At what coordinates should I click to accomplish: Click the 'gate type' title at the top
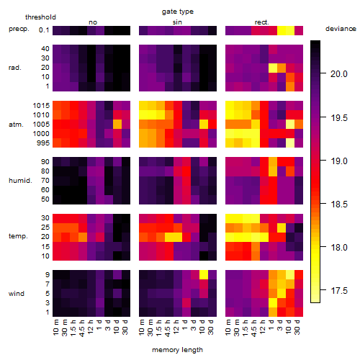(178, 12)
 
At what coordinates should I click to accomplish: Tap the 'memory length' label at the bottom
(177, 350)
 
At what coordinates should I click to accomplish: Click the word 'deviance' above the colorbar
(341, 29)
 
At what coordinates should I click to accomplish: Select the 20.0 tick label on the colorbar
(339, 74)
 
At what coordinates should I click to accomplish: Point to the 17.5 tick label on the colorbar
(339, 291)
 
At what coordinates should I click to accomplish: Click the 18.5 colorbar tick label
(339, 204)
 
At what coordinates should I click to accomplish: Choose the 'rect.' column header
(261, 22)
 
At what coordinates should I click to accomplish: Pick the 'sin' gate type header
(177, 22)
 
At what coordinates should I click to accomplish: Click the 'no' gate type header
(93, 22)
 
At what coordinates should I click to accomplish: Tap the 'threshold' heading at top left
(40, 17)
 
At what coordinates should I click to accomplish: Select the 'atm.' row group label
(16, 125)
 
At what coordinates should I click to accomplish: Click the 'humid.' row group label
(20, 181)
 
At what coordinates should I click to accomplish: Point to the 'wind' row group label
(17, 294)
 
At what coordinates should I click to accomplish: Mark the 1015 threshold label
(41, 106)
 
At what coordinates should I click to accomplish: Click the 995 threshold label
(43, 143)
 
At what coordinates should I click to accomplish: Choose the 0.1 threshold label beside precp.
(44, 30)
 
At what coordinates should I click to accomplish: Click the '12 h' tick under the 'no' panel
(91, 327)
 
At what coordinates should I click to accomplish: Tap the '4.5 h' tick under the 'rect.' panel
(255, 328)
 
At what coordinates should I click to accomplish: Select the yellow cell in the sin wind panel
(204, 274)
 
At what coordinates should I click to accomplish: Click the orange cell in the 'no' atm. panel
(117, 125)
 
